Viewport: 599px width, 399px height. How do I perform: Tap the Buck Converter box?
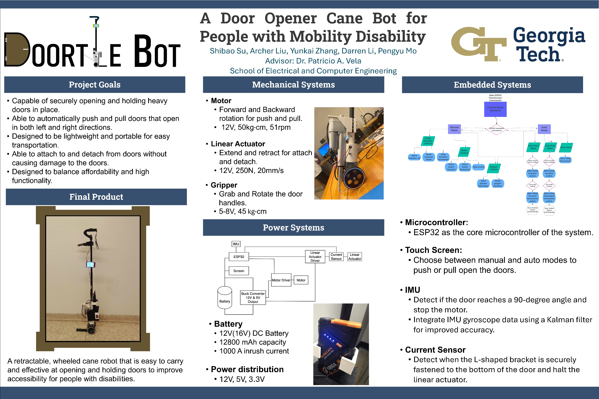(253, 297)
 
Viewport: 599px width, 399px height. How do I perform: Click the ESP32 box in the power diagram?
(239, 257)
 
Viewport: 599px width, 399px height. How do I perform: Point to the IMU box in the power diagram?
(236, 244)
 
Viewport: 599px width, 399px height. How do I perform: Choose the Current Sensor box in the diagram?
(336, 257)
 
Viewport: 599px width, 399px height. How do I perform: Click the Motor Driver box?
(281, 280)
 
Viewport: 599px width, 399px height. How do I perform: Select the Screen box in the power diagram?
(239, 271)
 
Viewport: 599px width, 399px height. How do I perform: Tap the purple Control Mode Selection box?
(495, 109)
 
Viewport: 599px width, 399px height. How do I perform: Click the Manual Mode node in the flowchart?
(454, 129)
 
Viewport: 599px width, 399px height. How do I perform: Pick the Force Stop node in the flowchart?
(566, 148)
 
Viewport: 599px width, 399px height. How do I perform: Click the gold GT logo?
(479, 44)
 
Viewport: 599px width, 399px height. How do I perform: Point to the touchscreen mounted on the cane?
(91, 265)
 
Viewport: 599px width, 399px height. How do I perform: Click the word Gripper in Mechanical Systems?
(224, 185)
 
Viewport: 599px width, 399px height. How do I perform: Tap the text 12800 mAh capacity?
(253, 342)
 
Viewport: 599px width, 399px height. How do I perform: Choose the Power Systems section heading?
(293, 228)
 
